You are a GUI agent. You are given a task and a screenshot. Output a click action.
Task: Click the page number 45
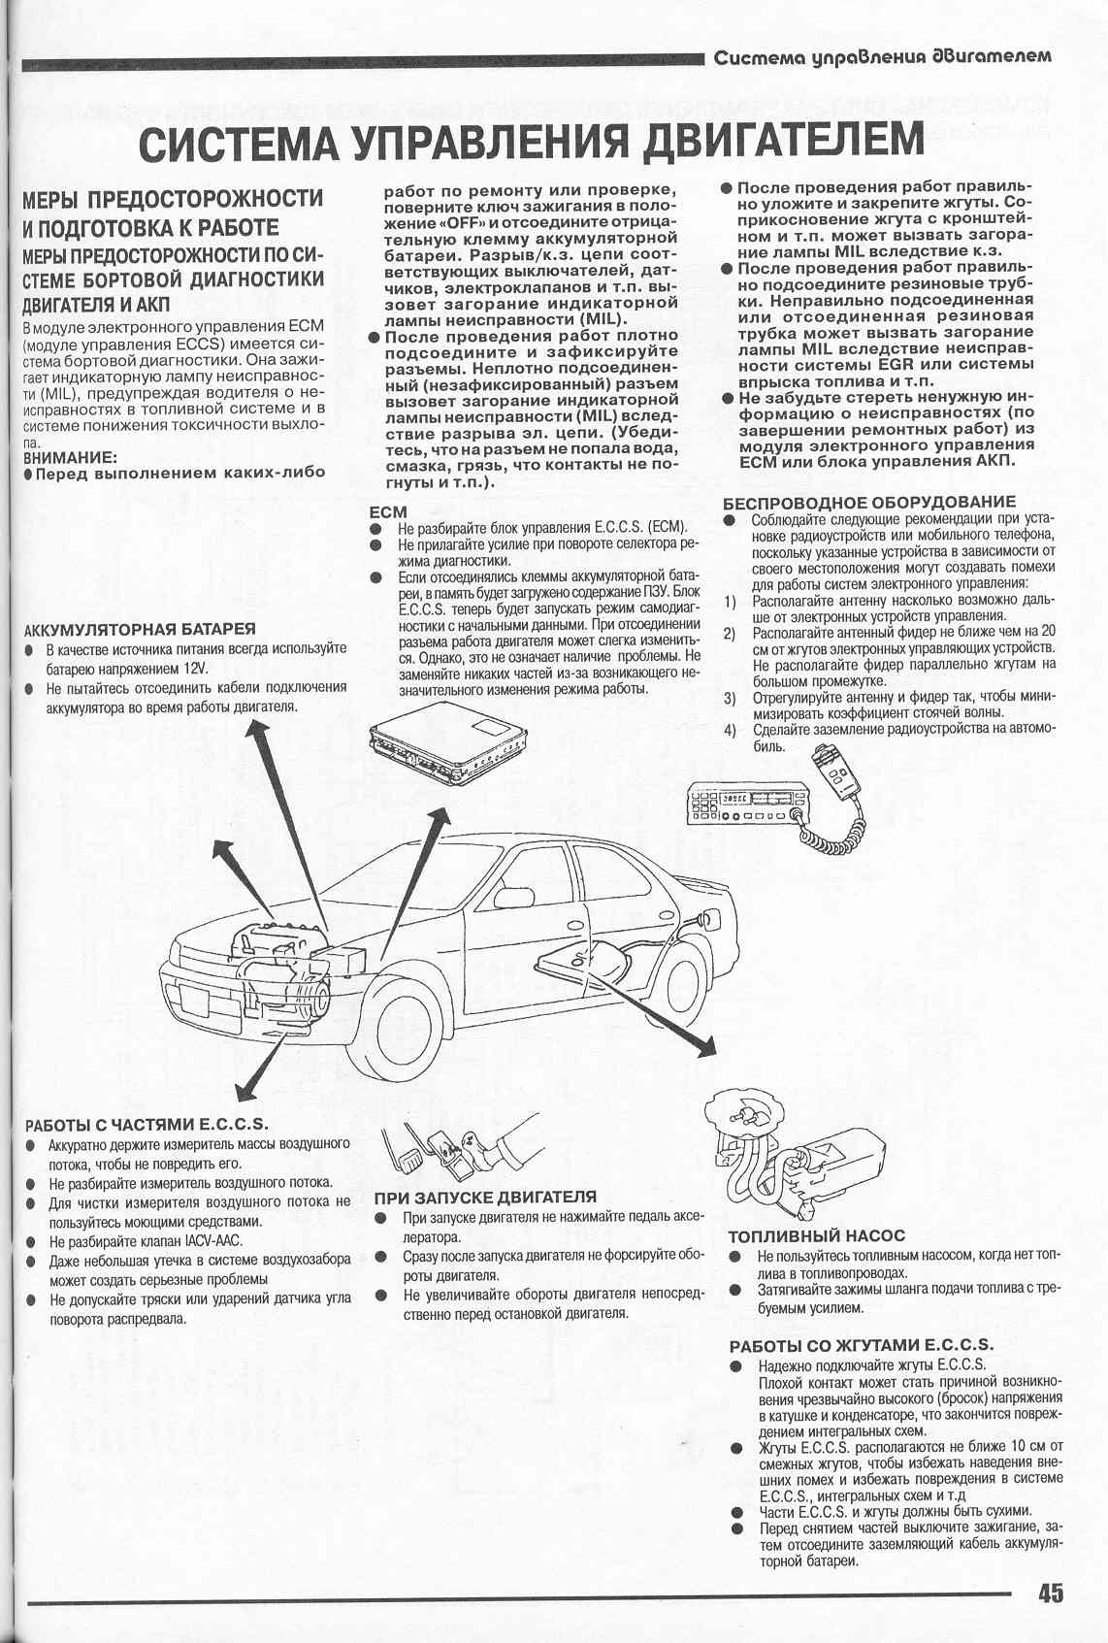(1050, 1593)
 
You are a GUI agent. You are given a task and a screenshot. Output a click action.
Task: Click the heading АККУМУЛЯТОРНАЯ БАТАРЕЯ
(140, 629)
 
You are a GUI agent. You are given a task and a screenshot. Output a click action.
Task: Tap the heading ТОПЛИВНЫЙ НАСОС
(816, 1235)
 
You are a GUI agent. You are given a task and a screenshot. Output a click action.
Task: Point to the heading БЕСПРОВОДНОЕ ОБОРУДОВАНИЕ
(869, 502)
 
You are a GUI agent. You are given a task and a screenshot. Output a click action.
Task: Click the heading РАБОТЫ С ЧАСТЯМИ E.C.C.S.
(146, 1125)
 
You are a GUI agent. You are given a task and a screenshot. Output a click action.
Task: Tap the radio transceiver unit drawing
(745, 804)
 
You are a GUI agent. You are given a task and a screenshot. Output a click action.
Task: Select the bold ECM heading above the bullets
(388, 511)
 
